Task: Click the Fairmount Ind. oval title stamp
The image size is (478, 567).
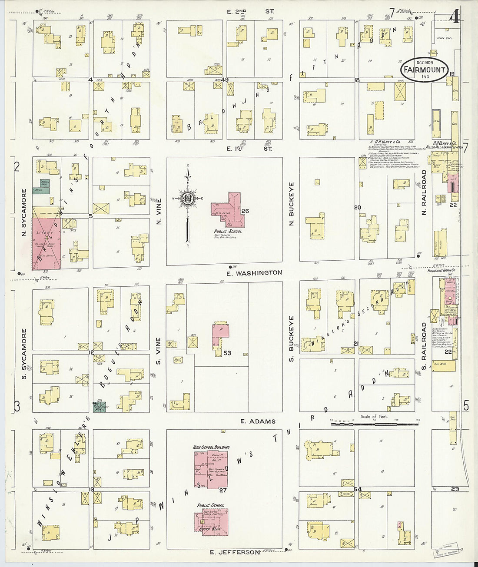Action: click(x=424, y=70)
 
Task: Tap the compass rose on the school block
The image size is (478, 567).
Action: click(x=187, y=199)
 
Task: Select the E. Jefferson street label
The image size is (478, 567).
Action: click(x=235, y=552)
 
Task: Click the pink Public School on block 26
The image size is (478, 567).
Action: click(x=229, y=209)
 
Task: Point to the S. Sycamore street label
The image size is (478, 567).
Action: click(x=24, y=353)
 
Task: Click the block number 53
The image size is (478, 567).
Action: click(x=227, y=353)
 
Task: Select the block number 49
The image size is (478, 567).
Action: click(x=225, y=80)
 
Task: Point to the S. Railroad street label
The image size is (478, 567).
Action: click(x=424, y=346)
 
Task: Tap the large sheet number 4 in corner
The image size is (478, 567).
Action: click(x=455, y=17)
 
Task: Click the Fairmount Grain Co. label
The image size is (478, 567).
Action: click(x=441, y=271)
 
